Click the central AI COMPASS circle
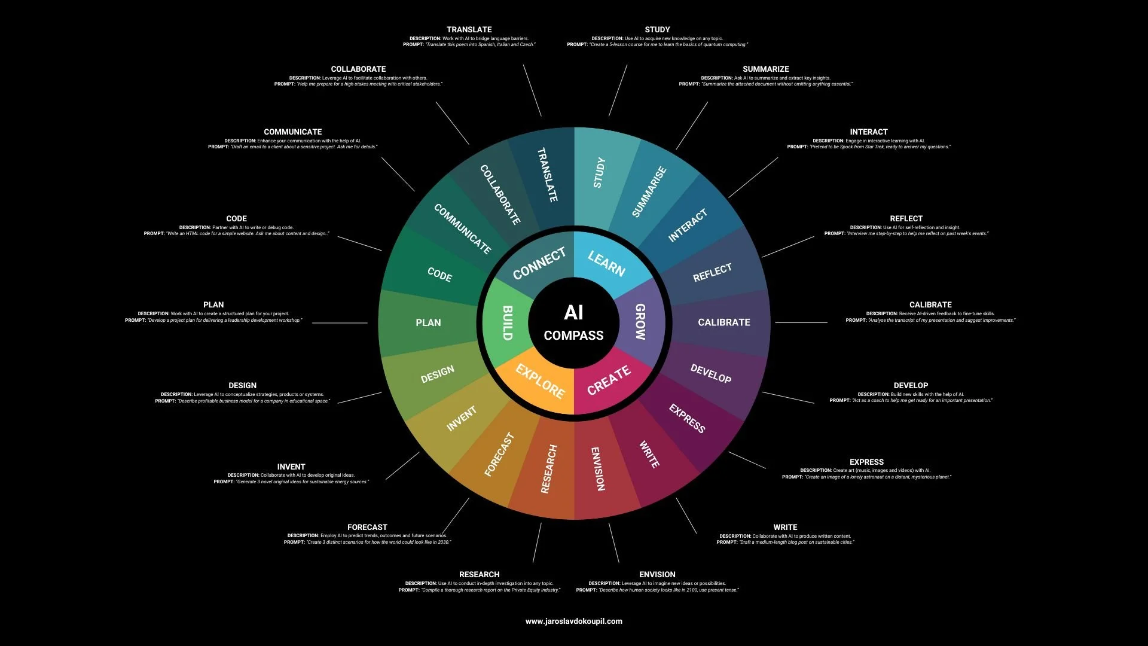573,323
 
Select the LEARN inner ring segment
606,264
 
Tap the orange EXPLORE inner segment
540,382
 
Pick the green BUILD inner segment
507,323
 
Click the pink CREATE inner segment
609,380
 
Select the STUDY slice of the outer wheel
599,173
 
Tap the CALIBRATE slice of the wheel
723,322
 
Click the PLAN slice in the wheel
428,322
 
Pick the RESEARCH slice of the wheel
549,470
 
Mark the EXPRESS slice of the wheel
687,419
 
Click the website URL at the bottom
573,621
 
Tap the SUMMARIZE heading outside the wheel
765,69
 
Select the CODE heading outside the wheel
236,218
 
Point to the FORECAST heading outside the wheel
367,527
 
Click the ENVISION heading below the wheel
657,574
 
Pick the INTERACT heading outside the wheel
868,132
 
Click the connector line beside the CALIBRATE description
801,322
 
